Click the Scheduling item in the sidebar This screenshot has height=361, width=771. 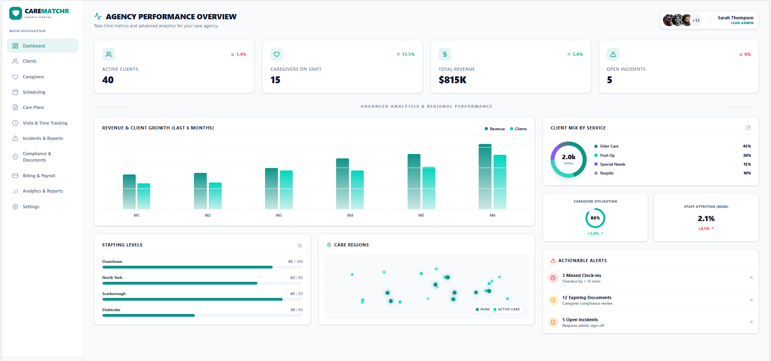click(x=34, y=92)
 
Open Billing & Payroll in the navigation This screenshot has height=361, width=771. click(x=39, y=176)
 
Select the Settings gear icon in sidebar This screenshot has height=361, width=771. click(x=15, y=207)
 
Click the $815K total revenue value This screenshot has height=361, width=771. click(x=453, y=80)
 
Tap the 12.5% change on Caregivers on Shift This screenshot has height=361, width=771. click(x=406, y=54)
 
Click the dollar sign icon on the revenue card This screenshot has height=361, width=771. click(x=445, y=54)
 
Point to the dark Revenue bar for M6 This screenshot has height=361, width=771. click(x=485, y=177)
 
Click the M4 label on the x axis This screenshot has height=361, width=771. click(x=350, y=215)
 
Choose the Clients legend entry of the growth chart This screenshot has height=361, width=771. click(x=518, y=129)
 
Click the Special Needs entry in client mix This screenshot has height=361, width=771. click(x=612, y=164)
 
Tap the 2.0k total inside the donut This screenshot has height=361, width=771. click(x=568, y=158)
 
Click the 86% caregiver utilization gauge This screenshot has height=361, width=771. click(x=595, y=218)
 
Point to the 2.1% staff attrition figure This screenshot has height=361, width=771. click(x=706, y=219)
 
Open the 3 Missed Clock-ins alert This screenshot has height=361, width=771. click(x=581, y=275)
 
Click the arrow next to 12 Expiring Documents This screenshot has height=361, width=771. click(x=751, y=300)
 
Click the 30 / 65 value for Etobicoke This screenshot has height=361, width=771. click(x=296, y=310)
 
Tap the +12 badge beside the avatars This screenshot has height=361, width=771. click(x=696, y=21)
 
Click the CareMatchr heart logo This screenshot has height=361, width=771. click(x=16, y=14)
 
